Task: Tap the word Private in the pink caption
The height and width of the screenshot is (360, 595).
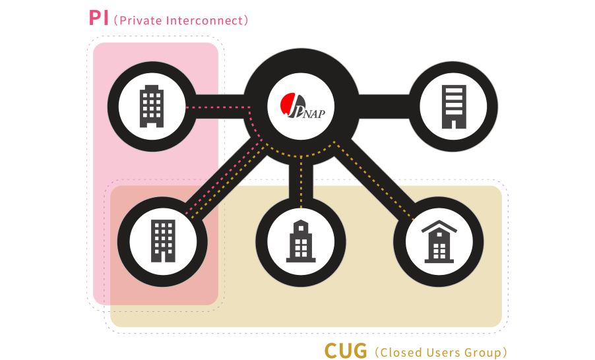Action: (x=141, y=20)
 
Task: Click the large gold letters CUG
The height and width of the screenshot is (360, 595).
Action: (x=346, y=350)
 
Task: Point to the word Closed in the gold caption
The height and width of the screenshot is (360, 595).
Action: (x=399, y=352)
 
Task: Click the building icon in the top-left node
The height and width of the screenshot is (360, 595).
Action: (x=151, y=106)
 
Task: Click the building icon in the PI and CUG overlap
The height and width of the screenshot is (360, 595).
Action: (x=163, y=241)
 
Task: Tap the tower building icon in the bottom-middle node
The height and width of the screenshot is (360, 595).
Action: (x=301, y=241)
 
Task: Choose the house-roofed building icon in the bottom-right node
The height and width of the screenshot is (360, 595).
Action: (x=439, y=241)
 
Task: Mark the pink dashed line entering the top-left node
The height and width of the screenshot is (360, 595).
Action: (x=211, y=107)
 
